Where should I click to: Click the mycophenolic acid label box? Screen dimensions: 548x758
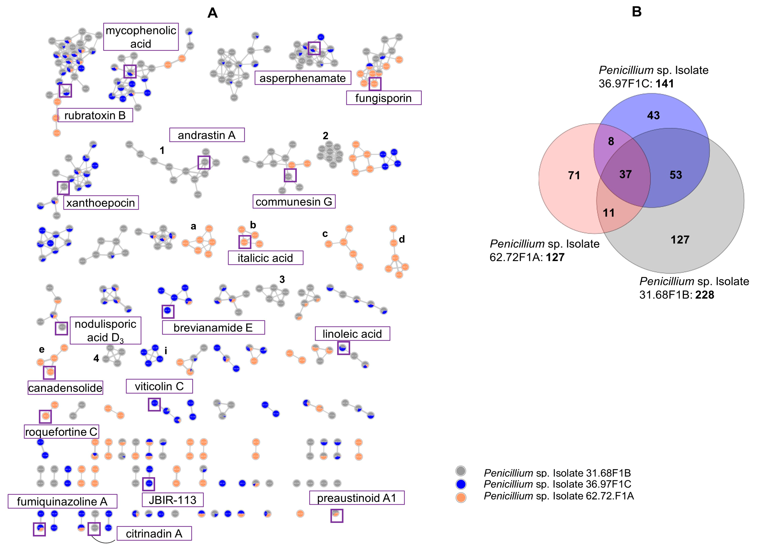tap(141, 37)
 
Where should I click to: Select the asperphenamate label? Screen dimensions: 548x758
tap(302, 78)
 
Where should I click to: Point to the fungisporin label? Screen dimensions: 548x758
tap(383, 98)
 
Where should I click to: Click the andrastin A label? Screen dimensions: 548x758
tap(207, 135)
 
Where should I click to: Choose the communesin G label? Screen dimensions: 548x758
tap(294, 202)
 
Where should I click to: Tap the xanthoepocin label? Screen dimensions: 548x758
tap(101, 203)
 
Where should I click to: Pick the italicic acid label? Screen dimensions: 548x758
tap(265, 258)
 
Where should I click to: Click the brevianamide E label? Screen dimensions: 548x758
tap(213, 328)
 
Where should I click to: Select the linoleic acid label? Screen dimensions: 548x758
tap(352, 334)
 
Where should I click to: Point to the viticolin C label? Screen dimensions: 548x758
tap(159, 386)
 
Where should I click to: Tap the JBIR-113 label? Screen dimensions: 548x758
tap(172, 500)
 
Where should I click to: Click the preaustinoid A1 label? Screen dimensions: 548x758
tap(357, 498)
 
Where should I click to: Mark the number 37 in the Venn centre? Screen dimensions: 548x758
tap(625, 174)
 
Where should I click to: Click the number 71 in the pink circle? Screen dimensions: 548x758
tap(574, 175)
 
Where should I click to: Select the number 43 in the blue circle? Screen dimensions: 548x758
tap(653, 115)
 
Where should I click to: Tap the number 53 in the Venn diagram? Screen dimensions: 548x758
tap(675, 175)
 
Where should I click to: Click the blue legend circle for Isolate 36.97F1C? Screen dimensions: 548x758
tap(461, 484)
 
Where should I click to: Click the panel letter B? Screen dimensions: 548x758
tap(636, 12)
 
